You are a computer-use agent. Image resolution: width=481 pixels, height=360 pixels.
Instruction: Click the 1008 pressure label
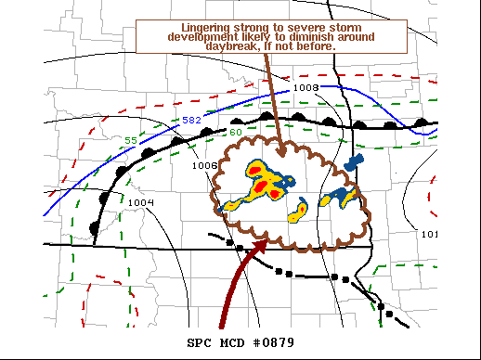pos(305,87)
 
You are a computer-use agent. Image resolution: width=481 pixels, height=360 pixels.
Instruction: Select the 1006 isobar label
pos(204,165)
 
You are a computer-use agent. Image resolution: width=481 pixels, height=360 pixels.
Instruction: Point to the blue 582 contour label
pos(190,121)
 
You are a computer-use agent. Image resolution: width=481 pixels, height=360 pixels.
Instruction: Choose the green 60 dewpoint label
pos(235,132)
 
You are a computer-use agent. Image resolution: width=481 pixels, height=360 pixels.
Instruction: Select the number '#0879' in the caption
pos(272,342)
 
